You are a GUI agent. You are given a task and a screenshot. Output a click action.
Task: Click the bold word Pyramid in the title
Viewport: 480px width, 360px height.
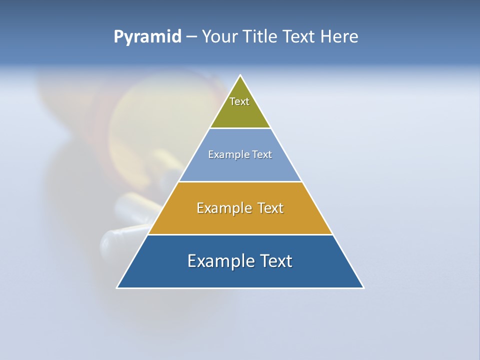click(x=147, y=37)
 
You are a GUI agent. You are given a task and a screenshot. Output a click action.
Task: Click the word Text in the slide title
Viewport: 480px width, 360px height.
click(x=300, y=37)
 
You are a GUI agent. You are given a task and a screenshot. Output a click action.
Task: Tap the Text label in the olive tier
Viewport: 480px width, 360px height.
click(x=239, y=101)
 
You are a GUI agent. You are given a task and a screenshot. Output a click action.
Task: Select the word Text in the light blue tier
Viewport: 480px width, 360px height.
click(x=262, y=154)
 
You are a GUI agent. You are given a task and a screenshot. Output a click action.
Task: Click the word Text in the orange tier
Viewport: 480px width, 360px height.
click(x=270, y=208)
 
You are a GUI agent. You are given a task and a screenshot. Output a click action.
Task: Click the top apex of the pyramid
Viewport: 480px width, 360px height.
click(x=240, y=75)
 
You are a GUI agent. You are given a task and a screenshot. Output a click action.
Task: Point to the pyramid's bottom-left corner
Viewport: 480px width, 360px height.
click(x=117, y=287)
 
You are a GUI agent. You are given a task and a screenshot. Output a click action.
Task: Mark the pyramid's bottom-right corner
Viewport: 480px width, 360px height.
click(x=363, y=287)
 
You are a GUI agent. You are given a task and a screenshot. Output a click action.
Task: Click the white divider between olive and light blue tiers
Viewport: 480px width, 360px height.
click(x=240, y=128)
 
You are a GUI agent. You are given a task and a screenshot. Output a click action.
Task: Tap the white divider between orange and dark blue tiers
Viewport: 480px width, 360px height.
click(x=240, y=234)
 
